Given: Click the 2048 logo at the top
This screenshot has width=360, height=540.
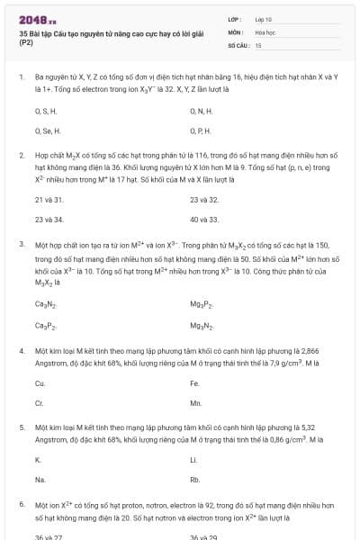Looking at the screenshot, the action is (x=31, y=18).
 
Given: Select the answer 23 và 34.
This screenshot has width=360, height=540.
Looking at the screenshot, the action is (x=49, y=219).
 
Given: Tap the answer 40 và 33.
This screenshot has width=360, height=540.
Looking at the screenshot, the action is (x=204, y=219).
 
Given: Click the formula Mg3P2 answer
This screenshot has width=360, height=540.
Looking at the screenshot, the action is (x=202, y=303).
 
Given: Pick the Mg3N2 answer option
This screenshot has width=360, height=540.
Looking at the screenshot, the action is (x=202, y=324).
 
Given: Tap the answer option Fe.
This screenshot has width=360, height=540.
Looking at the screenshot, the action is (x=194, y=382).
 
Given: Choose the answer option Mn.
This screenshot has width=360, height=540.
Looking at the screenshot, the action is (x=195, y=402).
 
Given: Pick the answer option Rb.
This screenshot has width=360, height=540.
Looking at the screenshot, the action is (x=195, y=480).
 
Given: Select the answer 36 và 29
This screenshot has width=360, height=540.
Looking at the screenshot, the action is (x=204, y=536).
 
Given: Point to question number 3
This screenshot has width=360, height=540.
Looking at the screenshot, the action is (x=22, y=244).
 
